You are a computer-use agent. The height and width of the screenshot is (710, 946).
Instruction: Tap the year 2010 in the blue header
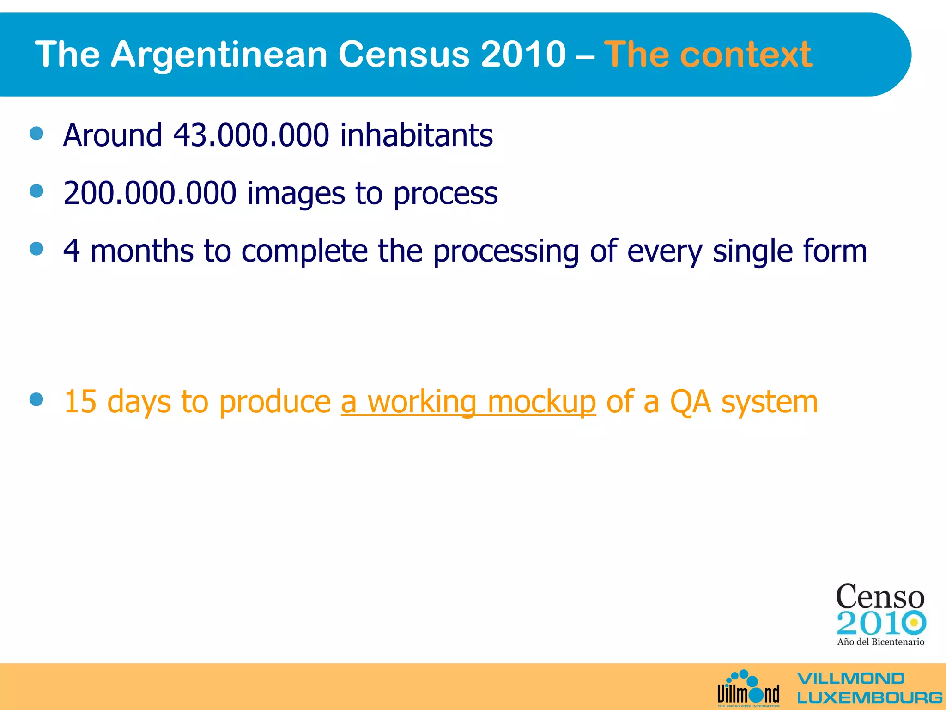point(523,55)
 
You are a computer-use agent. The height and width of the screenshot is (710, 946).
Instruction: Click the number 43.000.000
point(251,135)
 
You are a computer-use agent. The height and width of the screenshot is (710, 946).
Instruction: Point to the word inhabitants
point(416,135)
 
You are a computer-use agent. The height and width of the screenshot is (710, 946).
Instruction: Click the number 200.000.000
point(150,193)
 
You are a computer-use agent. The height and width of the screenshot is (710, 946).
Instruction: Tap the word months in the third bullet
point(142,251)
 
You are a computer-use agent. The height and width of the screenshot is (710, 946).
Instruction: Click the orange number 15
point(80,401)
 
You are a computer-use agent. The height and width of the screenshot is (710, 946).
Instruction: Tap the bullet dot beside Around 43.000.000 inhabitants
point(36,134)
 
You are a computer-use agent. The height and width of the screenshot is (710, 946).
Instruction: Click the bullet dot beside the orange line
point(36,399)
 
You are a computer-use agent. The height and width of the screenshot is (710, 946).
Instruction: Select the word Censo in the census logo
point(880,596)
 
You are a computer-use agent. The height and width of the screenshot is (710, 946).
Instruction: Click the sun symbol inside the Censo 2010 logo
point(913,623)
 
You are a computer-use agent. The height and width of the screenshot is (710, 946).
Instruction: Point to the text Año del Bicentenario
point(880,642)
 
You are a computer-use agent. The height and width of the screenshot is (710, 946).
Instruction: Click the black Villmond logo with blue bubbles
point(748,689)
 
